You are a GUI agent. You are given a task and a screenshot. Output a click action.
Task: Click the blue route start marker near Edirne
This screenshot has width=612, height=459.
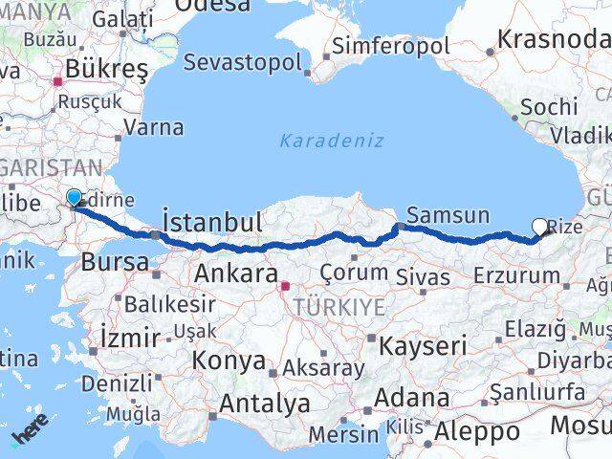coord(75,198)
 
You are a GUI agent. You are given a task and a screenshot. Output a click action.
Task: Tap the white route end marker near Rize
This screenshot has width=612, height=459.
coord(540,227)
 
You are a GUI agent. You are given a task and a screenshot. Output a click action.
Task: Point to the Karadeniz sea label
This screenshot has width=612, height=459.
coord(332,141)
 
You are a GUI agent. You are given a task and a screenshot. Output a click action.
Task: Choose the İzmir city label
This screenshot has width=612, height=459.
coord(130,337)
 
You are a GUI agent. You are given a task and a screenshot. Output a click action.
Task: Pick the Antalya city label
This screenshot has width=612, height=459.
coord(265,404)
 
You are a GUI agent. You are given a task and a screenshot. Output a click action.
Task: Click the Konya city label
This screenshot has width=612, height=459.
coord(229,361)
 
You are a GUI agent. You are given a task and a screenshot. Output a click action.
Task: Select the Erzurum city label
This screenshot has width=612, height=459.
coord(516,276)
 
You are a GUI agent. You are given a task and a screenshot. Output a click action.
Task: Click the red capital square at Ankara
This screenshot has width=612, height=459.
coord(284,285)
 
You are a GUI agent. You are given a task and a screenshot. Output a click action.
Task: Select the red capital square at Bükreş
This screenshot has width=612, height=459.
coord(58,82)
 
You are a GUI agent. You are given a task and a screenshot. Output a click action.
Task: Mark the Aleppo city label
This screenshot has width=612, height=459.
coord(476,431)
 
